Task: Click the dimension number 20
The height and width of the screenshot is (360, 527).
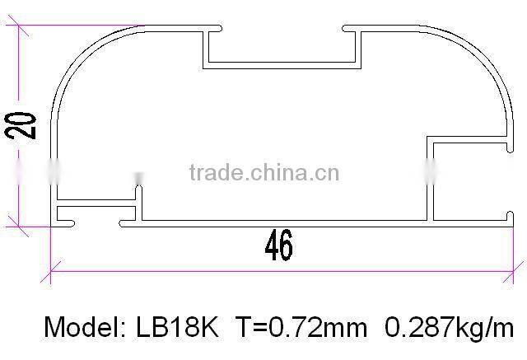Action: tap(26, 124)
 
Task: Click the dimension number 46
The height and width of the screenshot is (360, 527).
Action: tap(278, 245)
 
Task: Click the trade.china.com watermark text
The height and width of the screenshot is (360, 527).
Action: tap(263, 173)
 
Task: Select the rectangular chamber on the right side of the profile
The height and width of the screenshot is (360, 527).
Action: tap(466, 181)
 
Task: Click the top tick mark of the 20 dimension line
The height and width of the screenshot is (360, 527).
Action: tap(20, 32)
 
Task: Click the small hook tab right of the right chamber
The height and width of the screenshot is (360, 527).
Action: tap(505, 147)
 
